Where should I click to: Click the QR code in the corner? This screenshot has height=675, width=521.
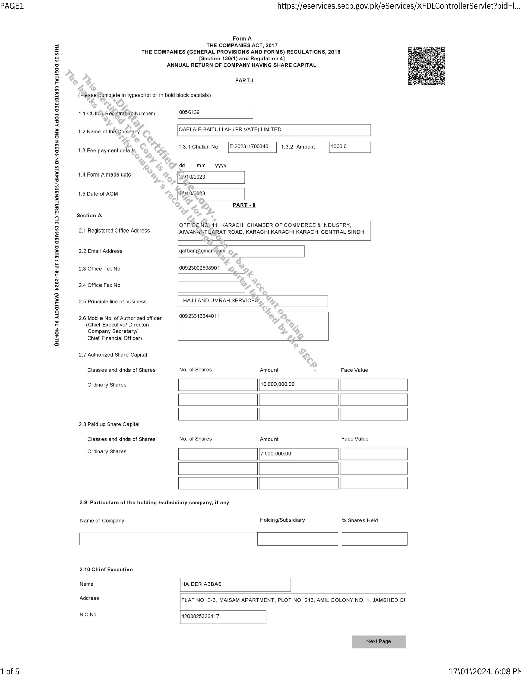pyautogui.click(x=426, y=66)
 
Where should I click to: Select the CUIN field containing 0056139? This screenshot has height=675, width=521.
pyautogui.click(x=215, y=113)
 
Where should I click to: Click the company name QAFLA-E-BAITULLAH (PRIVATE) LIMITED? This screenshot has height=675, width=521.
pyautogui.click(x=274, y=130)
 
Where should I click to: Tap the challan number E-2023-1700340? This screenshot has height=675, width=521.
pyautogui.click(x=252, y=147)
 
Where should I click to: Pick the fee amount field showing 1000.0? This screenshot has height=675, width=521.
pyautogui.click(x=350, y=147)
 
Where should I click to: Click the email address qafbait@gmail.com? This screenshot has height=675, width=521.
pyautogui.click(x=241, y=251)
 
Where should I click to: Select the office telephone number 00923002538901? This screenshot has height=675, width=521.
pyautogui.click(x=211, y=268)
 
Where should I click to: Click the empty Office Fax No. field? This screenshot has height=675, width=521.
pyautogui.click(x=211, y=287)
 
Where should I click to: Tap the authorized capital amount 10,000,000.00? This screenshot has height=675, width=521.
pyautogui.click(x=298, y=385)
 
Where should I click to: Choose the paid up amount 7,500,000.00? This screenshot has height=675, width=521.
pyautogui.click(x=298, y=454)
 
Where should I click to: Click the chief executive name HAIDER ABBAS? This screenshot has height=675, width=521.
pyautogui.click(x=235, y=585)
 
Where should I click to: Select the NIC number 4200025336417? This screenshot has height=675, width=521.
pyautogui.click(x=223, y=617)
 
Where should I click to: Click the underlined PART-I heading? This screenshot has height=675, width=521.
pyautogui.click(x=244, y=81)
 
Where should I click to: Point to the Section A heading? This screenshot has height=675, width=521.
pyautogui.click(x=89, y=216)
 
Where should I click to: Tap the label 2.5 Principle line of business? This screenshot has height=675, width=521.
pyautogui.click(x=113, y=302)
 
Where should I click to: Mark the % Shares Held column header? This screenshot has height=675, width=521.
pyautogui.click(x=359, y=520)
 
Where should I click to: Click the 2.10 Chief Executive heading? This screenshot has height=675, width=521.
pyautogui.click(x=106, y=569)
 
